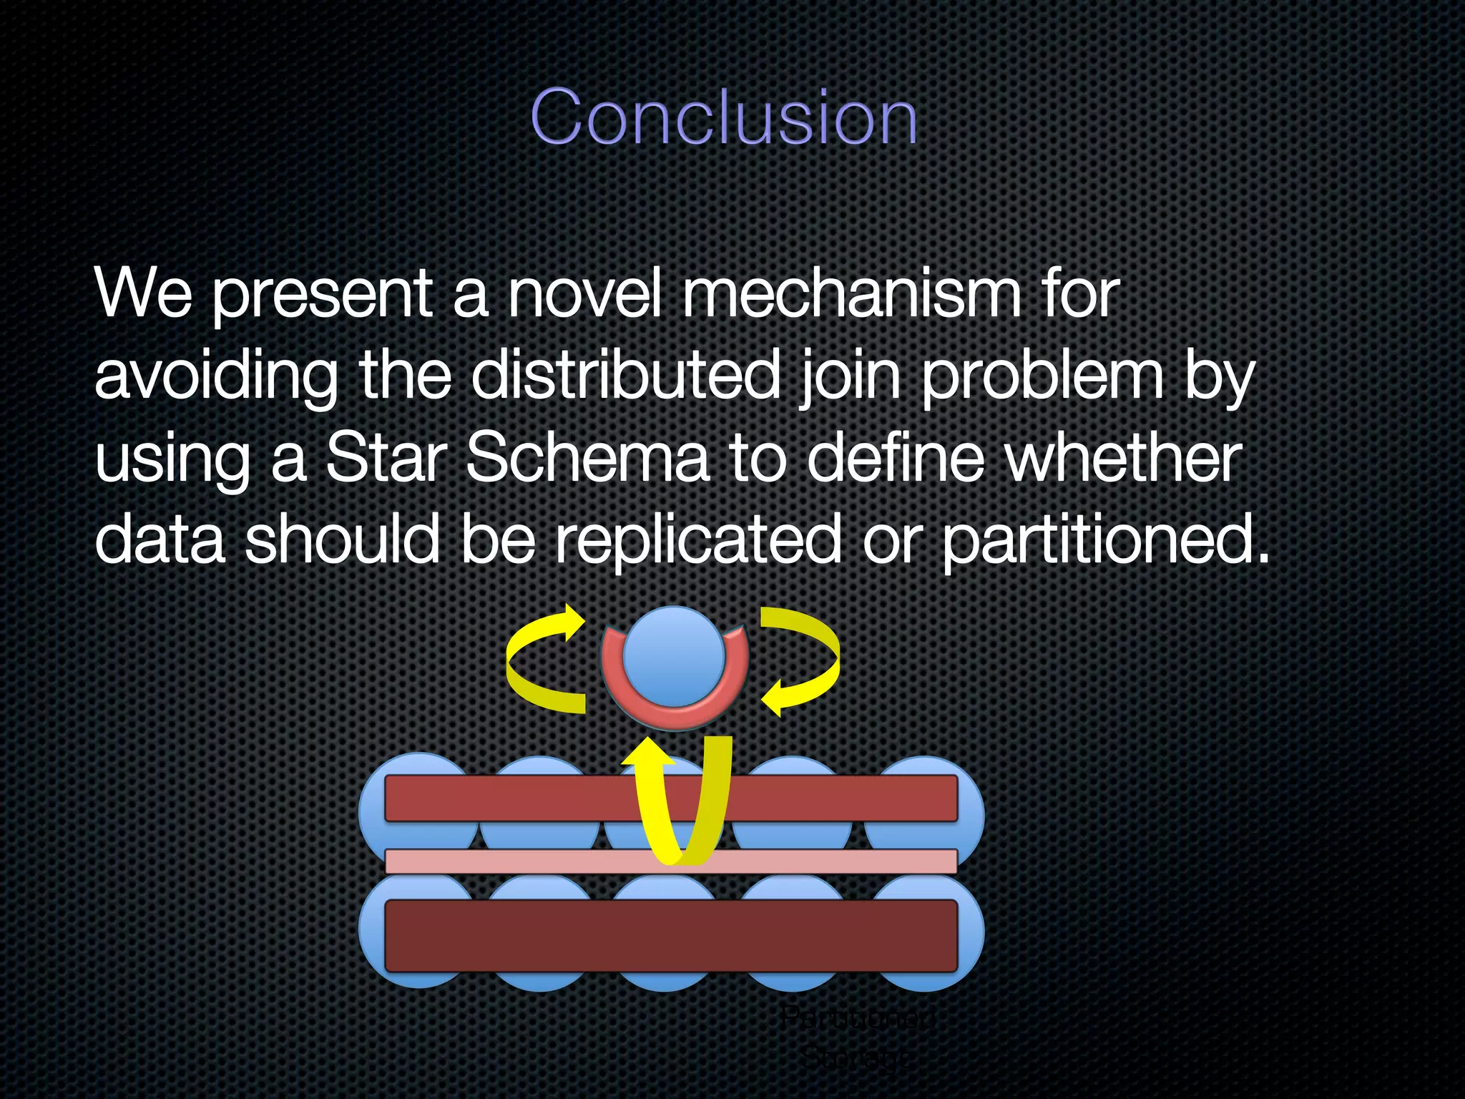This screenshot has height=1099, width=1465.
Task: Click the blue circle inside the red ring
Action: coord(674,655)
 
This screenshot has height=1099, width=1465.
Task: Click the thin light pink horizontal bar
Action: coord(501,861)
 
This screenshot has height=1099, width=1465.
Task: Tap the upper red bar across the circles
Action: coord(501,798)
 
